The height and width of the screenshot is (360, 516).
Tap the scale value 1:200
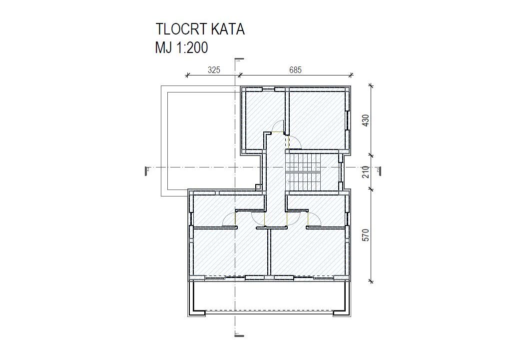[192, 48]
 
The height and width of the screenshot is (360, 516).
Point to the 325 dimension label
[214, 70]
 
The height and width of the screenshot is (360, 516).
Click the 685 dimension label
[295, 70]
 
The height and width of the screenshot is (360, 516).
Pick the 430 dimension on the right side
[366, 120]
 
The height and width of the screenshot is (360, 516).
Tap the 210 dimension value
[366, 172]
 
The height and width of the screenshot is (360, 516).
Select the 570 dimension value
[366, 235]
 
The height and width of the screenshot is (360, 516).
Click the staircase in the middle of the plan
[303, 172]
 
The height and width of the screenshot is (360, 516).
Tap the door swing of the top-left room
[278, 126]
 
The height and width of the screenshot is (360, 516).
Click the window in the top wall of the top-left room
[269, 89]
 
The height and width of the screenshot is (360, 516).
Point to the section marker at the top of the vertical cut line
[239, 59]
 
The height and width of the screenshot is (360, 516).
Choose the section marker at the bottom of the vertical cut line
[239, 335]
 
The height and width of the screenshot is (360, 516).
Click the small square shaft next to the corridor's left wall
[258, 187]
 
